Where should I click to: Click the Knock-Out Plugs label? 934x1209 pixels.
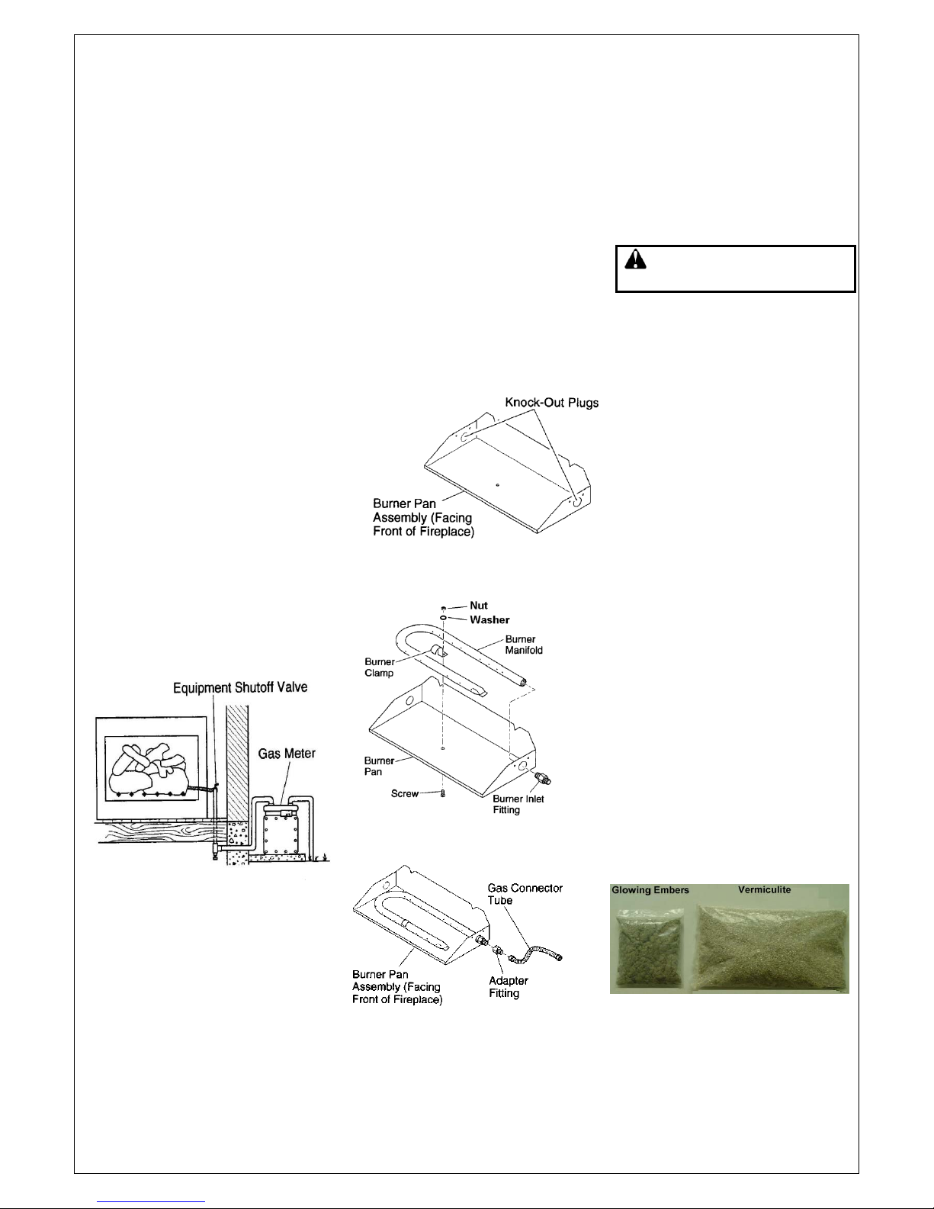click(x=552, y=402)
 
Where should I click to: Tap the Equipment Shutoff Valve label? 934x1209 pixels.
click(x=240, y=687)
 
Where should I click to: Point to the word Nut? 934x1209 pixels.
click(x=478, y=606)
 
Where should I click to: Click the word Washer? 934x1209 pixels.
click(x=489, y=619)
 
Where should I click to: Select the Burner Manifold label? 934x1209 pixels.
click(x=524, y=645)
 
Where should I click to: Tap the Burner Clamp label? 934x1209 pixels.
click(x=379, y=667)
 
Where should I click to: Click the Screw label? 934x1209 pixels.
click(x=405, y=793)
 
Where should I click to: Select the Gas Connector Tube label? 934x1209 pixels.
click(x=525, y=894)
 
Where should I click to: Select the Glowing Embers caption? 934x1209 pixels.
click(x=650, y=890)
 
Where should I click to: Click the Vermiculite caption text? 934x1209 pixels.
click(x=764, y=889)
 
